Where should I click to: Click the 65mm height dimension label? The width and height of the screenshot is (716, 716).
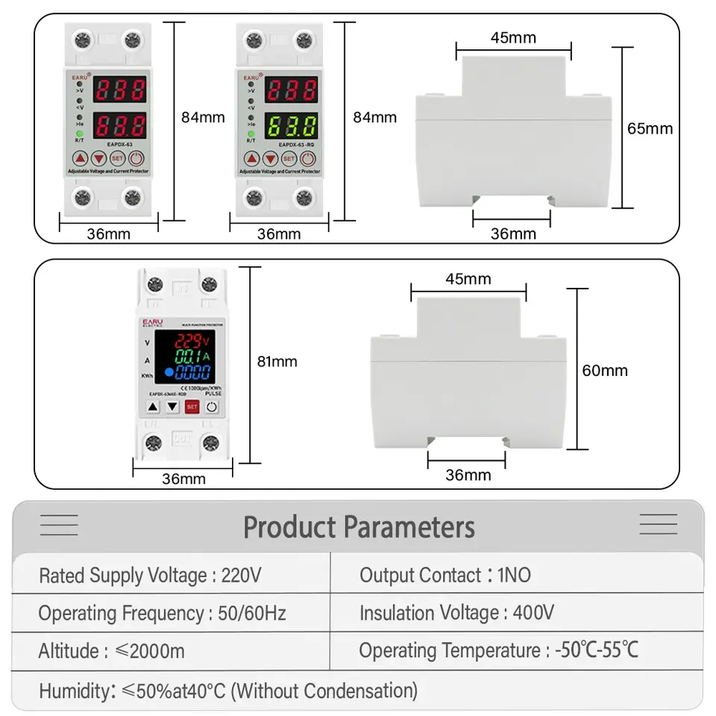coord(650,128)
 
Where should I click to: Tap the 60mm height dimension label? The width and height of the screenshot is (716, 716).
coord(605,370)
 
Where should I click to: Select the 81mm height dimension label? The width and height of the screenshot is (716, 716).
coord(277,362)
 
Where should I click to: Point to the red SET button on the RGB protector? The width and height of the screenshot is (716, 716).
coord(192,407)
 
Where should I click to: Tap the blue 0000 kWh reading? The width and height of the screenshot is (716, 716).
coord(192,371)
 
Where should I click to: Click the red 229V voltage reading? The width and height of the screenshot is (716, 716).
coord(192,341)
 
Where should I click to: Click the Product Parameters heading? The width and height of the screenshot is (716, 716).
coord(359,527)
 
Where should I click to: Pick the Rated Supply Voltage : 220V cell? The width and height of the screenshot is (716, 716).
coord(150,576)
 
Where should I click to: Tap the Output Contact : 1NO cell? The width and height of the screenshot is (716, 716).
coord(445,575)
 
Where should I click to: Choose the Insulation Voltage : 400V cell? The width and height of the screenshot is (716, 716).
coord(456,613)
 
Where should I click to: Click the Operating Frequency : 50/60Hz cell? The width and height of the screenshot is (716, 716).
coord(162,614)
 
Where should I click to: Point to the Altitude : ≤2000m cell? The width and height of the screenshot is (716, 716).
coord(112,651)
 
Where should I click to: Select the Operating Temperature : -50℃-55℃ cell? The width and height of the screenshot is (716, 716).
coord(498,650)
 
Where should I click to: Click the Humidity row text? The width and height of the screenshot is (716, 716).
coord(228,690)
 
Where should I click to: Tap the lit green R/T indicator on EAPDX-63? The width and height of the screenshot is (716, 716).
coord(79,133)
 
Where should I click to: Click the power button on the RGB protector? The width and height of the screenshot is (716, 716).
coord(212,407)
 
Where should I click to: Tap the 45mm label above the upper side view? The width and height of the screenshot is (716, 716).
coord(513,38)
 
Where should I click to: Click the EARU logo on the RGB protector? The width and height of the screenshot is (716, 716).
coord(154,321)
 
